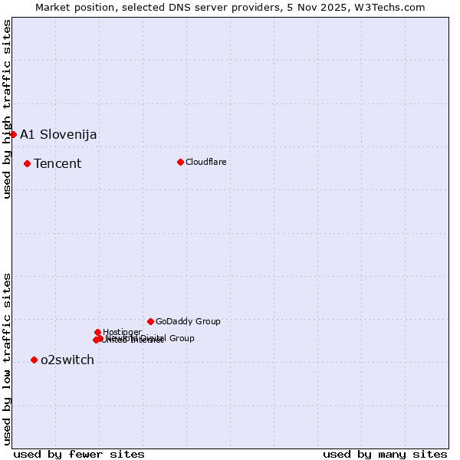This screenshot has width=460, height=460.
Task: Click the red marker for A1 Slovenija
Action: [13, 135]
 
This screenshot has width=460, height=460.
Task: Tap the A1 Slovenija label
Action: [58, 135]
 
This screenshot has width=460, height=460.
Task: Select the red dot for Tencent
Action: [27, 163]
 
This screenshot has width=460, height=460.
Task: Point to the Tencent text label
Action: [58, 164]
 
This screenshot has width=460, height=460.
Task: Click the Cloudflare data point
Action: [180, 162]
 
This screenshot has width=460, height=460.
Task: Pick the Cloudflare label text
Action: [206, 162]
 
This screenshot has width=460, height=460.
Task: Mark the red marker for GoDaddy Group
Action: [150, 321]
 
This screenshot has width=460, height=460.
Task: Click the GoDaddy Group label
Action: [188, 322]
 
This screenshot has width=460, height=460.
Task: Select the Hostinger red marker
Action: [97, 332]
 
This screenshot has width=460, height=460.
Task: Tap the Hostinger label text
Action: [122, 332]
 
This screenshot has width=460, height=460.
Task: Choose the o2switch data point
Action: [34, 360]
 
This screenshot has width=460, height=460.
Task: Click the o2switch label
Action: [67, 360]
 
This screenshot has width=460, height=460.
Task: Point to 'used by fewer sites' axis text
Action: [79, 454]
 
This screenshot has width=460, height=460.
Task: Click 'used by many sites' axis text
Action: [385, 454]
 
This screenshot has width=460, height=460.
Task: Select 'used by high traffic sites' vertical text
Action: [7, 110]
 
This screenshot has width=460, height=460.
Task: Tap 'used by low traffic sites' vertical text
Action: [7, 358]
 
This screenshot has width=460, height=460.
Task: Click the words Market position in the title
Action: [79, 8]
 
